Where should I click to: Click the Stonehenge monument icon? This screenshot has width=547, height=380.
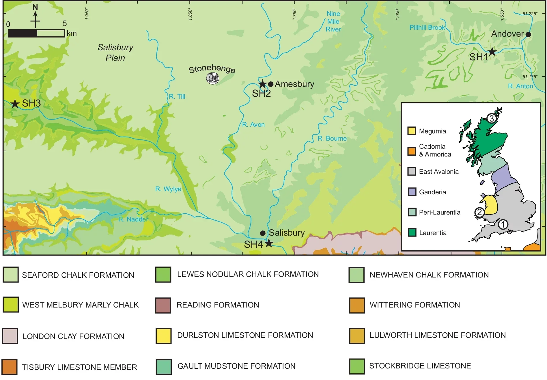point(213,78)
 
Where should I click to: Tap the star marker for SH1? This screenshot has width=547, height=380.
point(492,52)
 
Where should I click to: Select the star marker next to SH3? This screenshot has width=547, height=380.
point(15,103)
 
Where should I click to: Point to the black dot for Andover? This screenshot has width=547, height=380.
point(528,34)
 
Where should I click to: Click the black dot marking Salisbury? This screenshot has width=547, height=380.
point(263,233)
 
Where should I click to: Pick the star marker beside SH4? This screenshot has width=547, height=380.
point(269,243)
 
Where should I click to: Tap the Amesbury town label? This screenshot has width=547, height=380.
point(294,84)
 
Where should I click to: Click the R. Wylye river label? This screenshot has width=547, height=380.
point(168,189)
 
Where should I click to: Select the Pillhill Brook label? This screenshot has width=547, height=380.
point(427,27)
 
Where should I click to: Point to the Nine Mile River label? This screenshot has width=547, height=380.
point(333,21)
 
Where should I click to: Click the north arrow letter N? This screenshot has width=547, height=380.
point(35,7)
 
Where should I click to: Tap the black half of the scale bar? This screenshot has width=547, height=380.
point(23,33)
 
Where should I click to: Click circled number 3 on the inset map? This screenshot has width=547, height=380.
point(491,118)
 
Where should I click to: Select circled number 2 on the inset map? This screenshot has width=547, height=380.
point(479,212)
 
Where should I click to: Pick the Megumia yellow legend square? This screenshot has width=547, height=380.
point(412,131)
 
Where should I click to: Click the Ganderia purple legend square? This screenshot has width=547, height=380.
point(412,192)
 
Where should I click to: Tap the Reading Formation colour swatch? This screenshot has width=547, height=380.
point(163,305)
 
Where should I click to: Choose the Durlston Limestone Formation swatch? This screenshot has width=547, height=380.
point(163,336)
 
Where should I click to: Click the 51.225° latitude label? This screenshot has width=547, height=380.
point(530,14)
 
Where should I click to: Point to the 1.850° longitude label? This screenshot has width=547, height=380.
point(190,14)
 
